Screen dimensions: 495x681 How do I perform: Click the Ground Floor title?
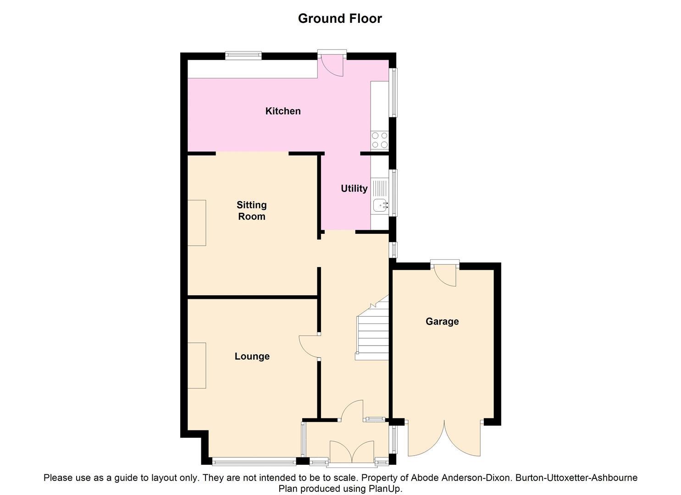click(x=340, y=18)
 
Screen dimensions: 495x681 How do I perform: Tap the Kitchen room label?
click(x=283, y=111)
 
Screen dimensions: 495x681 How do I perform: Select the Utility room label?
click(x=354, y=188)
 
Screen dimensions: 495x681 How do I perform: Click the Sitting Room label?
click(x=251, y=210)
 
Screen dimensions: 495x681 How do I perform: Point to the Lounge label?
click(x=252, y=356)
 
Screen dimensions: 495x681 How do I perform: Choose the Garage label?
click(x=442, y=321)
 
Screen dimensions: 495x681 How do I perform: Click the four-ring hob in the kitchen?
click(x=380, y=140)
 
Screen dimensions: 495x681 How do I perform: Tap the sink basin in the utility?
click(x=379, y=206)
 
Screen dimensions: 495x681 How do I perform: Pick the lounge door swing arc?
click(x=308, y=346)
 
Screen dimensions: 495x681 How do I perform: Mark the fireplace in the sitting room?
click(x=197, y=223)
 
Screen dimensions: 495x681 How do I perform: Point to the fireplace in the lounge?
click(x=197, y=365)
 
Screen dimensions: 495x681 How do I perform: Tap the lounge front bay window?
click(x=254, y=461)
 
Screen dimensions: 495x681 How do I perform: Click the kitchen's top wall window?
click(x=243, y=55)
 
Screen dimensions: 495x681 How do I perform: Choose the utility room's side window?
click(x=393, y=192)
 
